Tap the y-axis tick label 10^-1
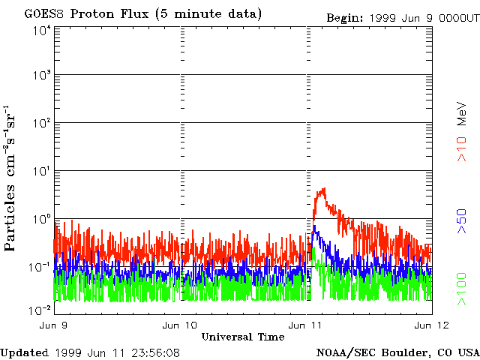39,266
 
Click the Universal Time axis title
243,336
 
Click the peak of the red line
322,190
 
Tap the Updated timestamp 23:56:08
154,352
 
